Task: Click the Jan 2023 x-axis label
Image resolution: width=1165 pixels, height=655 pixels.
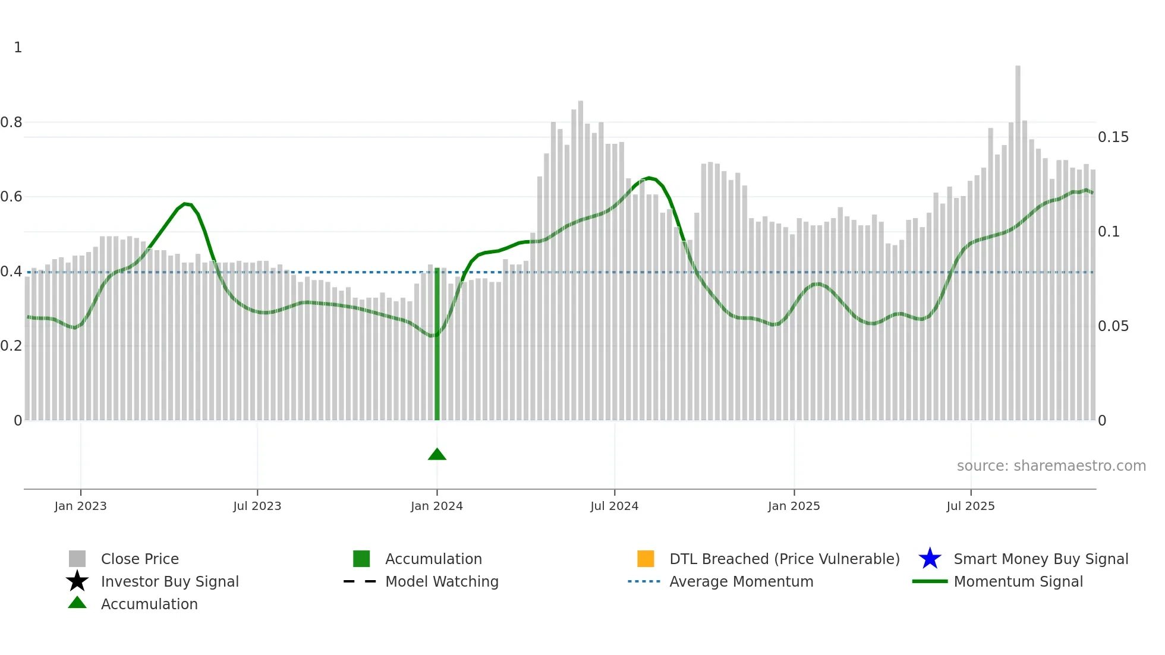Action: (80, 506)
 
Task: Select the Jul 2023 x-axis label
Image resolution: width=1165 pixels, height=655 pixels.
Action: (257, 506)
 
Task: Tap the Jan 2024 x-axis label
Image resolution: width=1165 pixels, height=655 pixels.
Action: (436, 506)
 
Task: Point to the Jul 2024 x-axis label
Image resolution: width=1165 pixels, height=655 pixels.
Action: (614, 506)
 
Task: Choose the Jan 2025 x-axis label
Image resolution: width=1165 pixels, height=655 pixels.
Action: (794, 506)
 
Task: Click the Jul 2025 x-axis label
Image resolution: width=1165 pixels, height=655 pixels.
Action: (970, 506)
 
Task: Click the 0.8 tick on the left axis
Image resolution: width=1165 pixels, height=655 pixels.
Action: (11, 122)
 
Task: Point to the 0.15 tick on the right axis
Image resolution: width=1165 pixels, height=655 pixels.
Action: (1113, 137)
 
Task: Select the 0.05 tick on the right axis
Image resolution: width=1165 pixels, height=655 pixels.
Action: (1113, 326)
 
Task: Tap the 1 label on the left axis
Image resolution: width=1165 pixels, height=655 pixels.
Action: (18, 48)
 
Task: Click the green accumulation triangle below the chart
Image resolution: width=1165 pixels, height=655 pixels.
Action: (437, 455)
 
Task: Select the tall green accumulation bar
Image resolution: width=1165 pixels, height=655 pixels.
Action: (437, 345)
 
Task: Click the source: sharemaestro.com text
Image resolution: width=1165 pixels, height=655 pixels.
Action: (1051, 466)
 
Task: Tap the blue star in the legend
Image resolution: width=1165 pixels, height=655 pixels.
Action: (930, 559)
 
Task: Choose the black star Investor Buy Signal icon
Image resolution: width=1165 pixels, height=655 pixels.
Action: (77, 581)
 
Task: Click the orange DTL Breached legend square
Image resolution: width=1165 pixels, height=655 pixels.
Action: (646, 559)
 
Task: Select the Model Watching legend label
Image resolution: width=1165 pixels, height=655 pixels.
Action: (442, 581)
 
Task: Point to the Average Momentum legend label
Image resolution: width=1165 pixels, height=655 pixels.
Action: (741, 581)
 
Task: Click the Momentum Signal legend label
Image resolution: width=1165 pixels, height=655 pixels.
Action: (1018, 581)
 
